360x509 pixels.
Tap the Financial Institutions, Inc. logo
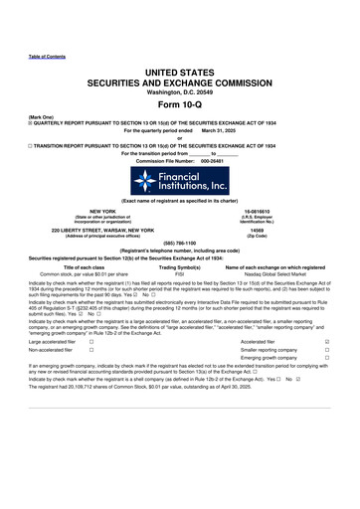[x=180, y=181]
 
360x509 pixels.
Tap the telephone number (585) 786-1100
[x=180, y=243]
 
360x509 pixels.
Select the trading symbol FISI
[x=180, y=273]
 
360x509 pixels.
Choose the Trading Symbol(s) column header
[x=180, y=266]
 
